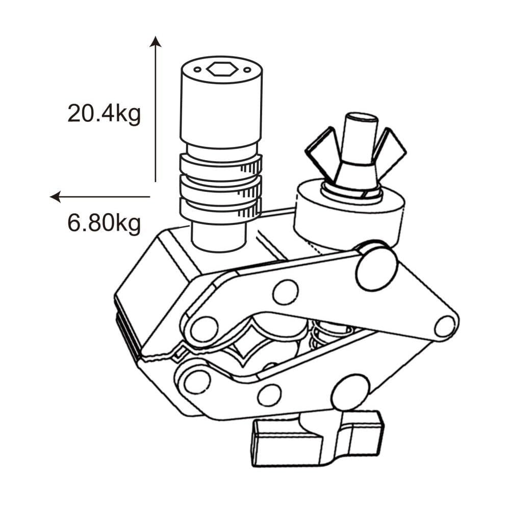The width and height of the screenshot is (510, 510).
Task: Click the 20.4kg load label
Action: click(x=104, y=113)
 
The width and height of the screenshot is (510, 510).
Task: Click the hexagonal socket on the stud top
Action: click(x=221, y=68)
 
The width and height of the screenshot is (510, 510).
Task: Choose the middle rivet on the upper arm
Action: click(x=285, y=292)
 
